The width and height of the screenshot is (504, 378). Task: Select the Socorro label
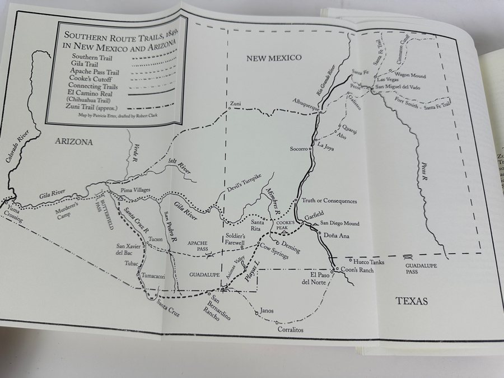pyautogui.click(x=299, y=149)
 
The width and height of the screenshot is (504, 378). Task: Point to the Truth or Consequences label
pyautogui.click(x=329, y=201)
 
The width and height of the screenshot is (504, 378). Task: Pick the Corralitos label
pyautogui.click(x=290, y=330)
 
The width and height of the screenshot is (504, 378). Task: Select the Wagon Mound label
pyautogui.click(x=410, y=76)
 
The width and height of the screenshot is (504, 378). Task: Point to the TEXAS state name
pyautogui.click(x=412, y=301)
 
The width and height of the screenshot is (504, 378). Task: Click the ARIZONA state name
pyautogui.click(x=73, y=142)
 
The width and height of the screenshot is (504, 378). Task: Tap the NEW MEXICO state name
pyautogui.click(x=274, y=58)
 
